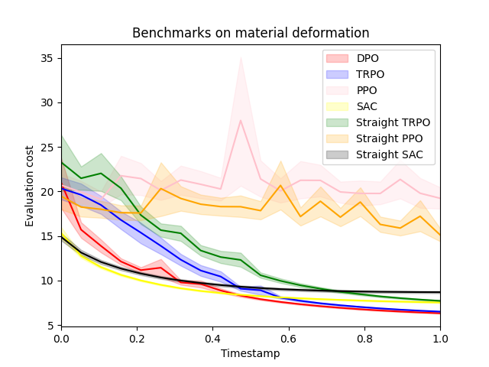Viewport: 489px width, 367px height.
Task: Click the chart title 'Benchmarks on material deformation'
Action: pyautogui.click(x=251, y=33)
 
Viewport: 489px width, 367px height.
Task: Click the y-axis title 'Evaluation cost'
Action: pyautogui.click(x=30, y=186)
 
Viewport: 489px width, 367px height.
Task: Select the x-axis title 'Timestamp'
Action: pyautogui.click(x=251, y=353)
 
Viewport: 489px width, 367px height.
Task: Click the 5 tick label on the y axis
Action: pyautogui.click(x=50, y=325)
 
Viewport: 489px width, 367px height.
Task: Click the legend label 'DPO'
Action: pyautogui.click(x=367, y=58)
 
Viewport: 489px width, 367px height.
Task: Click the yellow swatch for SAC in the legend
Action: pyautogui.click(x=337, y=107)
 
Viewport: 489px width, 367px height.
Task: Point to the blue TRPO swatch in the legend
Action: pyautogui.click(x=337, y=74)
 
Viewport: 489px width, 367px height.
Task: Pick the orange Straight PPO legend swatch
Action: pyautogui.click(x=337, y=139)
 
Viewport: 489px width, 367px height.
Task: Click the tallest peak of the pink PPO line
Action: pyautogui.click(x=241, y=120)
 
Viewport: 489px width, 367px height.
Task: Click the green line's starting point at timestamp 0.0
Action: pyautogui.click(x=61, y=162)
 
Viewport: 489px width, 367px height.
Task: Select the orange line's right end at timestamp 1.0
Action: pyautogui.click(x=440, y=235)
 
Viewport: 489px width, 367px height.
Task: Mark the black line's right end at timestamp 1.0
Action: pyautogui.click(x=440, y=292)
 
